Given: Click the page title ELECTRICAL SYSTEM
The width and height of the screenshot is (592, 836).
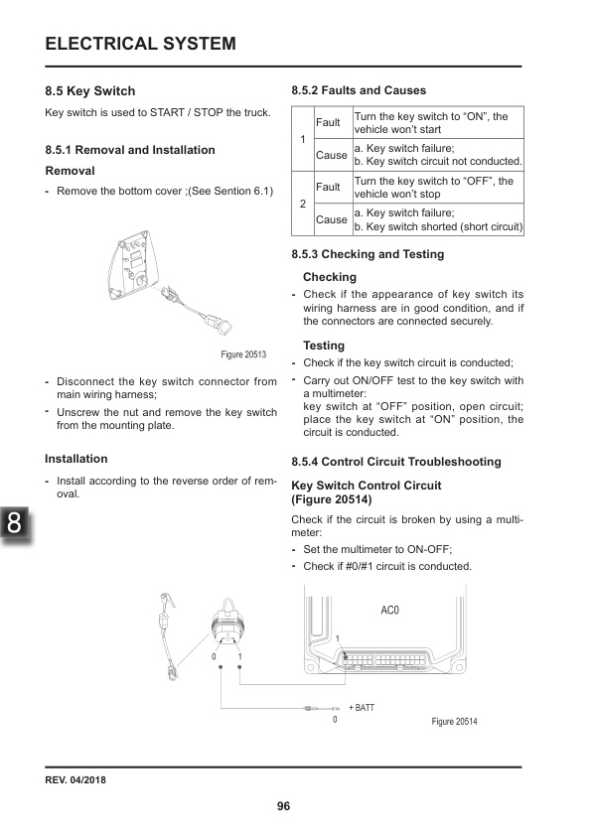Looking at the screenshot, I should (141, 43).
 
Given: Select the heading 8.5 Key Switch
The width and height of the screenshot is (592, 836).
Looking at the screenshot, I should (90, 91).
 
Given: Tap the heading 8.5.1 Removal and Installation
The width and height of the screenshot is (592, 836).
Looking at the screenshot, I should (130, 150).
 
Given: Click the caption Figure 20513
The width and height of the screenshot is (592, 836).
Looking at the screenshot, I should (243, 353).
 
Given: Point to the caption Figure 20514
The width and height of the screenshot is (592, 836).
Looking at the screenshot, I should (455, 720).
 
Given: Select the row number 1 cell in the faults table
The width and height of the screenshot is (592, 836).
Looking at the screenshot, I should (302, 139).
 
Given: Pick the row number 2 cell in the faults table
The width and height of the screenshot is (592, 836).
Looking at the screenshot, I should (302, 204).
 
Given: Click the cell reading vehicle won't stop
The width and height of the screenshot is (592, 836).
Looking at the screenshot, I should (438, 188).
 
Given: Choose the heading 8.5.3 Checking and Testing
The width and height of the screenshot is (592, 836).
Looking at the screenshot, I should (368, 254).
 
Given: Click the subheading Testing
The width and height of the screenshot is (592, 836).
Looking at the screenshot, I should (324, 346).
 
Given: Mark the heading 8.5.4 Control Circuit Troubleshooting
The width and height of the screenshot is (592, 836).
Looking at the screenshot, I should (396, 462).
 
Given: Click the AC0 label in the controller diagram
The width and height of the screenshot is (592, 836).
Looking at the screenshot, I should (389, 609).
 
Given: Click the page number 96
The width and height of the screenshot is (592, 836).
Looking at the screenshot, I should (283, 805).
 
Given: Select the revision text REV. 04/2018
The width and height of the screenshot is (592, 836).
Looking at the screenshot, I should (75, 778).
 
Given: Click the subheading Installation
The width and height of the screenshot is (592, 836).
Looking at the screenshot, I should (76, 459).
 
